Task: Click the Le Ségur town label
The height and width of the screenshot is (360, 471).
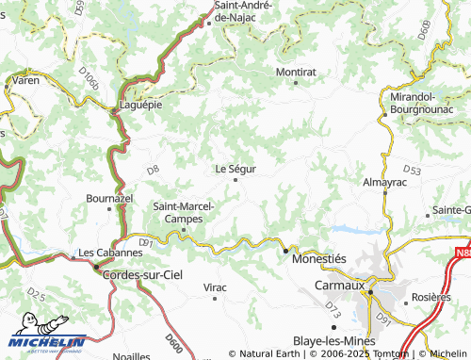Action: click(x=235, y=169)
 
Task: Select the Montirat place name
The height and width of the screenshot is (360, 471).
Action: click(x=295, y=71)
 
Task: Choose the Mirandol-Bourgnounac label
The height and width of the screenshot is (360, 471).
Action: click(x=423, y=103)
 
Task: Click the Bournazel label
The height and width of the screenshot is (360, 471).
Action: click(x=109, y=199)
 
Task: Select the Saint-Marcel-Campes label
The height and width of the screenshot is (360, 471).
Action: click(x=184, y=212)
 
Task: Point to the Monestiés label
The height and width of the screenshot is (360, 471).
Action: click(x=321, y=257)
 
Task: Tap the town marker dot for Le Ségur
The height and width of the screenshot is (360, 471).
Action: click(x=235, y=180)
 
